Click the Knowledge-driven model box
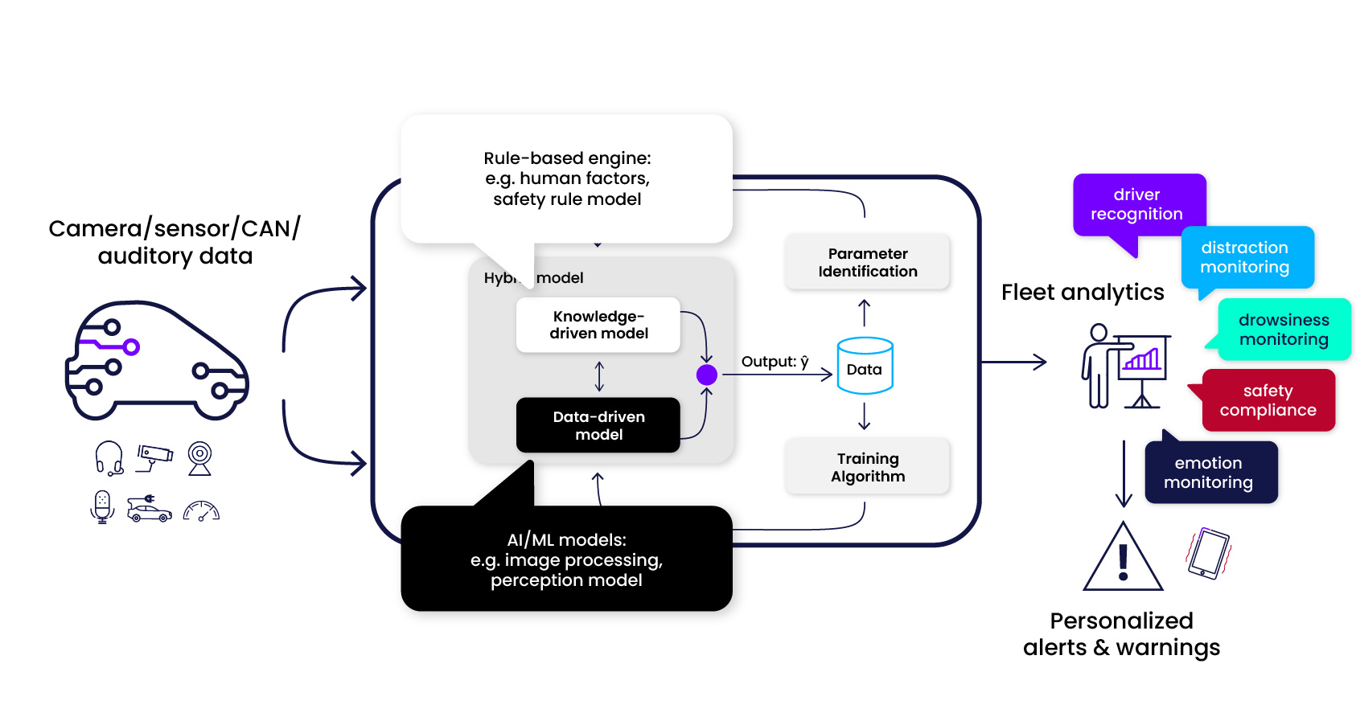coord(598,325)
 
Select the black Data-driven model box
coord(598,425)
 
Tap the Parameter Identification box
coord(867,262)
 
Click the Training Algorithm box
coord(867,467)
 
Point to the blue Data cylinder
coord(865,367)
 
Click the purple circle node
coord(706,375)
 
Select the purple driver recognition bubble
coord(1137,205)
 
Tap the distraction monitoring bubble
coord(1246,257)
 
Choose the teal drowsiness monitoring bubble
coord(1284,330)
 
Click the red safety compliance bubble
coord(1268,400)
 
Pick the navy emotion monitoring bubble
coord(1210,473)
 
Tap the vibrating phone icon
coord(1209,553)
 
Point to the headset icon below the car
coord(109,458)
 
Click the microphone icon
coord(102,507)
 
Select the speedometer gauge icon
coord(201,511)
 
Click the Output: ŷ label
coord(775,362)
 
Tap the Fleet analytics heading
coord(1082,293)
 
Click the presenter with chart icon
coord(1125,366)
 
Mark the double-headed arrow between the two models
coord(599,376)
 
